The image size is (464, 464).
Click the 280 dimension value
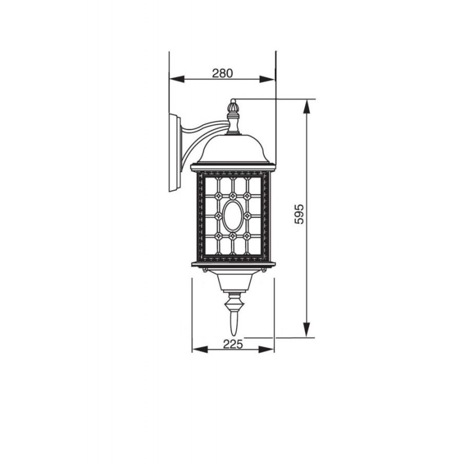point(223,73)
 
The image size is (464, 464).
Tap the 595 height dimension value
point(299,214)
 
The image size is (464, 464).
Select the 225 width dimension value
point(233,344)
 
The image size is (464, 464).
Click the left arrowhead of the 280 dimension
point(177,79)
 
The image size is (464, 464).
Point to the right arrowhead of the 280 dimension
point(267,79)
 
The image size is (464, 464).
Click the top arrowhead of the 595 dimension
point(307,107)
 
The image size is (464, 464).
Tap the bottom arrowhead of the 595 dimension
point(307,329)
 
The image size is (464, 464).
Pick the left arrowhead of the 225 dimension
point(200,350)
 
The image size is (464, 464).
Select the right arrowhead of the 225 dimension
point(266,350)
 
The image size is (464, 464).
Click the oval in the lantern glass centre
point(233,216)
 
